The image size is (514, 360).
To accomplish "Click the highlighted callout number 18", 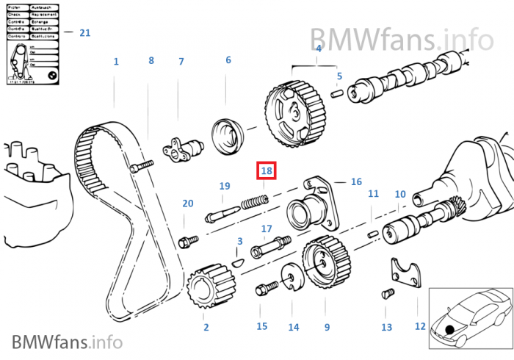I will pos(267,170).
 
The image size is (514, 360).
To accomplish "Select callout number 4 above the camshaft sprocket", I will pos(318,49).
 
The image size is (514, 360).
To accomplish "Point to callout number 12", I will pos(420,325).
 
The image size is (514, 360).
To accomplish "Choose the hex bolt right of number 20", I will pos(188,240).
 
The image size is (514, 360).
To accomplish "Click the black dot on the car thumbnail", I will pos(449,323).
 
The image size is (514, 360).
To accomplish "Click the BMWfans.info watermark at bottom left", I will pos(66,342).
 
